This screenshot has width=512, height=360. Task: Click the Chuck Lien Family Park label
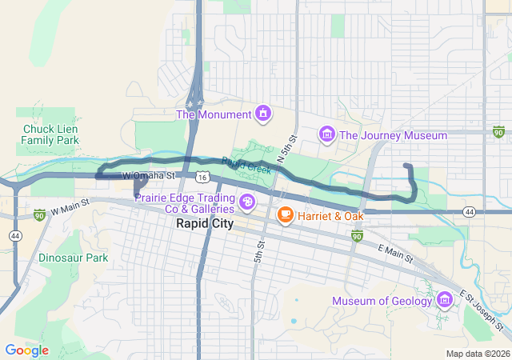50,134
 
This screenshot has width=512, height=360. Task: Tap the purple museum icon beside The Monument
262,114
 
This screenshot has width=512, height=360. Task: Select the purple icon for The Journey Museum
326,135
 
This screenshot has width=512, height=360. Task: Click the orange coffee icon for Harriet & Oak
285,215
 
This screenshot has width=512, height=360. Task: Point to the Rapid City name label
205,224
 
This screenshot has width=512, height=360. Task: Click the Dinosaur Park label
73,258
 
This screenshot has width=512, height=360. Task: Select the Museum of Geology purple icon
445,301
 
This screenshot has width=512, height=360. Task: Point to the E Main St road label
396,254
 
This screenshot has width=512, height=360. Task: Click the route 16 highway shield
203,176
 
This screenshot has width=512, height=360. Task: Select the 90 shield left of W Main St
39,214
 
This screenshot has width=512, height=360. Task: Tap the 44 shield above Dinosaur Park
15,235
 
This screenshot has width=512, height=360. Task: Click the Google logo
26,350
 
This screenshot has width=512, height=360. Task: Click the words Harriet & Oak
330,215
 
